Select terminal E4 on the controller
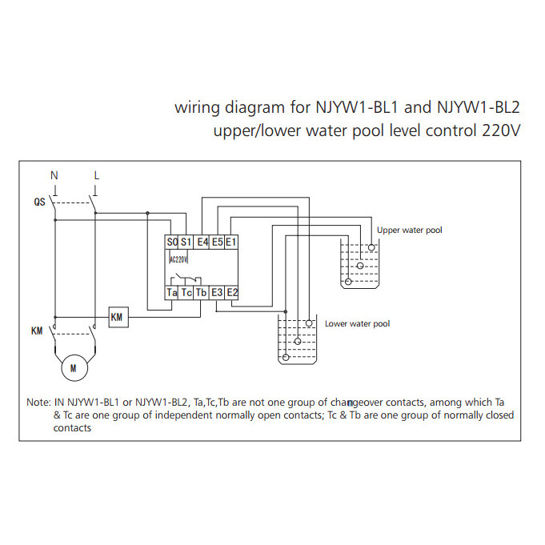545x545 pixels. (203, 242)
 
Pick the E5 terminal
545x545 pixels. (218, 242)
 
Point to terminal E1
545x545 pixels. (231, 242)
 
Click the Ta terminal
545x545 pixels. (173, 294)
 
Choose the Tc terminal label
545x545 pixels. (187, 294)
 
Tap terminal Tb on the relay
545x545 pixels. (202, 294)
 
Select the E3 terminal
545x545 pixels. (218, 294)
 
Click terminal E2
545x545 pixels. (232, 294)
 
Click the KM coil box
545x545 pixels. (118, 318)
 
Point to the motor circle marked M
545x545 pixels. (74, 369)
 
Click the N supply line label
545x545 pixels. (54, 174)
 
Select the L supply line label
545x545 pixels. (97, 174)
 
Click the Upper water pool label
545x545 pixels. (409, 230)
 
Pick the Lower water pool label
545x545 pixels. (357, 324)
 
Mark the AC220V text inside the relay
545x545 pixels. (178, 259)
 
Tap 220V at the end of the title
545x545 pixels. (501, 130)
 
